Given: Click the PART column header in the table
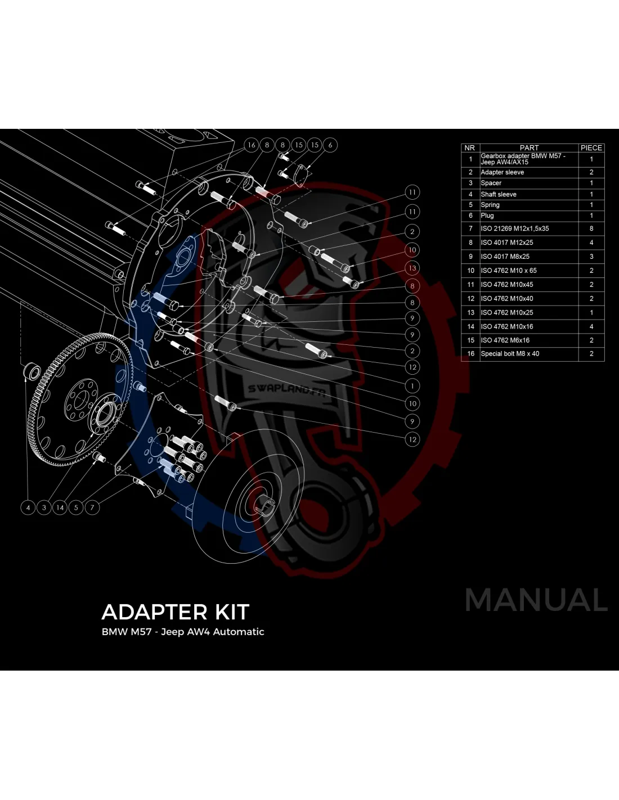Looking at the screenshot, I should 529,148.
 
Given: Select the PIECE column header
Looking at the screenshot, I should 591,148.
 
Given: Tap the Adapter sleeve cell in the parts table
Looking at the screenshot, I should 503,172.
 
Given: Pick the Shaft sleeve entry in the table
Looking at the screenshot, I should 499,194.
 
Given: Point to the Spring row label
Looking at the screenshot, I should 490,205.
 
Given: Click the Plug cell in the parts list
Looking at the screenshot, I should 487,215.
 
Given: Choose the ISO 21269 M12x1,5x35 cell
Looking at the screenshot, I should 515,228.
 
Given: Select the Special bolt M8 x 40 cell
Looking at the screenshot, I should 510,354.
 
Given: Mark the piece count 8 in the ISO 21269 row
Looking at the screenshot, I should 591,228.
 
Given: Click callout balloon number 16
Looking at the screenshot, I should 252,145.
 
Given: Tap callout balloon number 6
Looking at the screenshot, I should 330,145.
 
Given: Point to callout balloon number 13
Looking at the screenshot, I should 412,268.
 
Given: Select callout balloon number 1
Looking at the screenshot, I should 412,386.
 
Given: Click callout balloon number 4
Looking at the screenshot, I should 28,507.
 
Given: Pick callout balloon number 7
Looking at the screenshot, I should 92,507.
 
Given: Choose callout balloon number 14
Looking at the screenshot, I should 60,507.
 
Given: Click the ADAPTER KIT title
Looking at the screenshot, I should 175,612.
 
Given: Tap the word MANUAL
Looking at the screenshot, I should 536,600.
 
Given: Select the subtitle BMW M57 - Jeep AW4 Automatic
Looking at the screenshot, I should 183,632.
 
